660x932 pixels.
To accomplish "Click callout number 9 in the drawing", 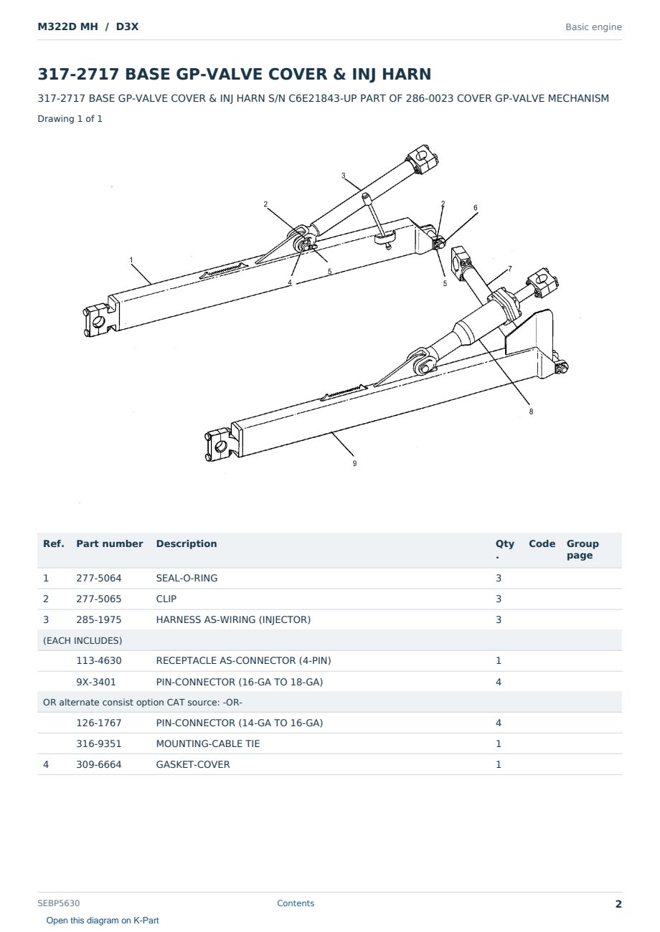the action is tap(354, 463).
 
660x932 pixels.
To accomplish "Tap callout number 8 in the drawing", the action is tap(531, 412).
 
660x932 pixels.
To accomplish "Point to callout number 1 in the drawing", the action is tap(131, 260).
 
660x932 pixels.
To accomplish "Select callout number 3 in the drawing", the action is tap(343, 176).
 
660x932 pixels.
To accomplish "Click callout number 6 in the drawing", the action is tap(476, 208).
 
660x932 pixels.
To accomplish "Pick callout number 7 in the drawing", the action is tap(510, 269).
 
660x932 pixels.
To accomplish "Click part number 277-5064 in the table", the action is tap(99, 578).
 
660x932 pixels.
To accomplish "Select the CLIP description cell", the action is tap(166, 599).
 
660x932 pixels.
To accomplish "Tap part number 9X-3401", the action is tap(96, 682).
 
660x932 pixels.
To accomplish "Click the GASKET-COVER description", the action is tap(193, 764).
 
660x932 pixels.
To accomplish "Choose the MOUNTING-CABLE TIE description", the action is tap(208, 743).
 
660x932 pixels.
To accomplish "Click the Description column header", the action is tap(187, 544).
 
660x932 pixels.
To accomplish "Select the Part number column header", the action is tap(110, 544).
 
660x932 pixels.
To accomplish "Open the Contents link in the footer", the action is tap(296, 903).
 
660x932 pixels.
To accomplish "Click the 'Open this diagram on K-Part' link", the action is tap(103, 921).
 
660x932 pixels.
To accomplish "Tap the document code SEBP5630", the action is tap(59, 903).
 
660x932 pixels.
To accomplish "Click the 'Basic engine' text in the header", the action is tap(593, 27).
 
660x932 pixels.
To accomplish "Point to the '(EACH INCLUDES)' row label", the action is tap(82, 640).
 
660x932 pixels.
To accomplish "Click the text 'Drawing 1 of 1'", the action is tap(70, 119).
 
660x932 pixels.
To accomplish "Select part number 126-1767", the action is tap(99, 723).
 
